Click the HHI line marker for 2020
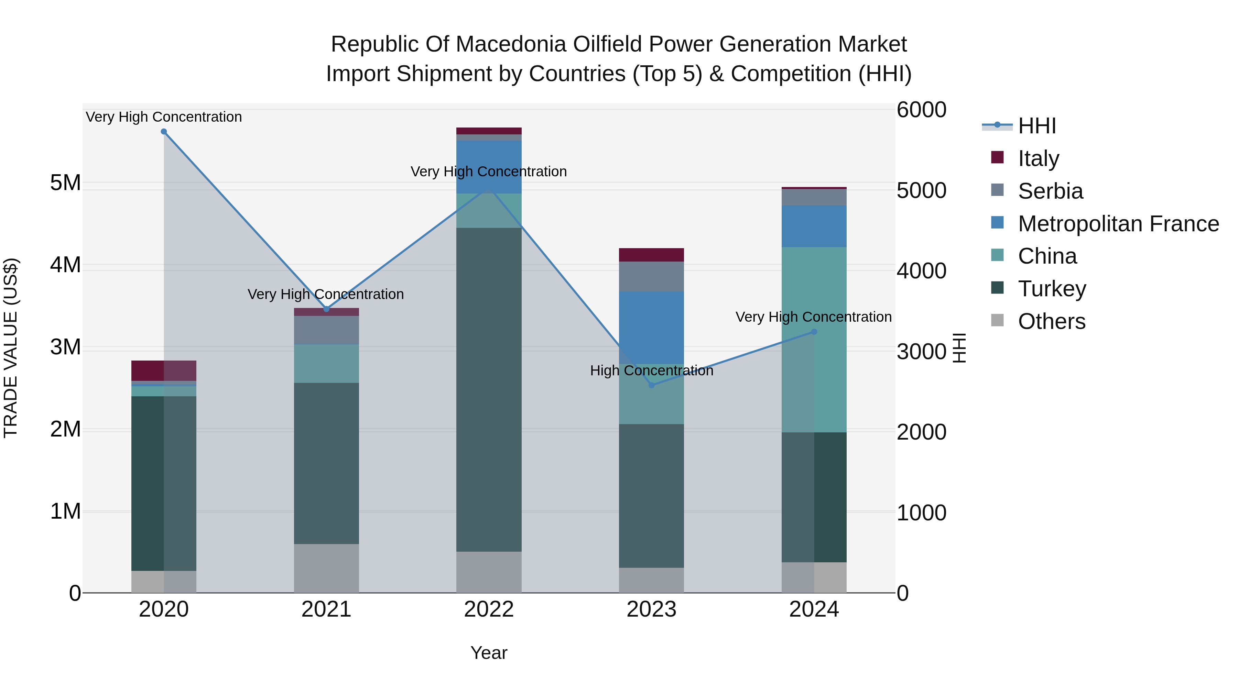(164, 132)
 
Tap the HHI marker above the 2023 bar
(652, 385)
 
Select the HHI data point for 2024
(814, 332)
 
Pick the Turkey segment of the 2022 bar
(489, 389)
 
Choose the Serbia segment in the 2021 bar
(326, 330)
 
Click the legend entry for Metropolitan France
(1118, 224)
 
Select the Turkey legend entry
(1052, 289)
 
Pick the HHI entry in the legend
(1036, 126)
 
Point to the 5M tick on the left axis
(65, 183)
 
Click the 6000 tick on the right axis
(921, 110)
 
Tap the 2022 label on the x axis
(489, 609)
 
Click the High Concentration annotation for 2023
(652, 371)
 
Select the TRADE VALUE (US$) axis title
(11, 348)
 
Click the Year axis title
(489, 653)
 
